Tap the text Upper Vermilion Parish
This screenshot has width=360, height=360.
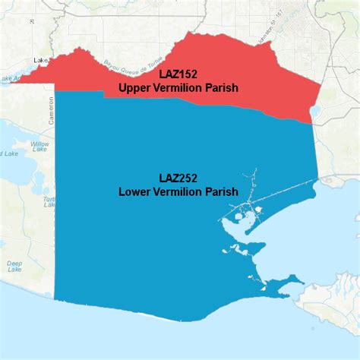(x=178, y=89)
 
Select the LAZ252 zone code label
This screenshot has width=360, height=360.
(x=178, y=178)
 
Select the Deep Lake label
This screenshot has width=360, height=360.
(x=14, y=267)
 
